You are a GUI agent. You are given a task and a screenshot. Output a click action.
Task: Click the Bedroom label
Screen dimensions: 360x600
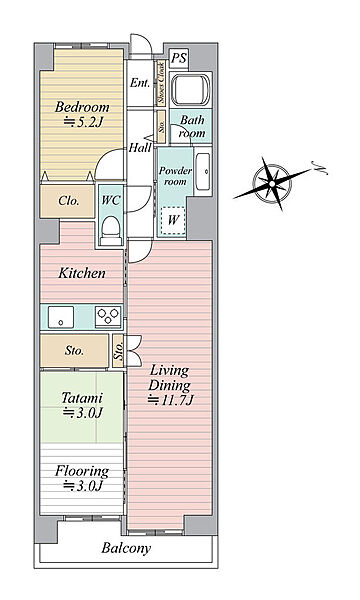point(82,107)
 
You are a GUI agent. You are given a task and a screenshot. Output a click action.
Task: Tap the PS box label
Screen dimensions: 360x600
point(179,58)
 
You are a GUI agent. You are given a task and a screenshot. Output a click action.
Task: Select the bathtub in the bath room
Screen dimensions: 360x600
point(190,90)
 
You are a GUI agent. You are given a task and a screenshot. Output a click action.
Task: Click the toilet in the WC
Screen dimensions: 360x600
point(111,230)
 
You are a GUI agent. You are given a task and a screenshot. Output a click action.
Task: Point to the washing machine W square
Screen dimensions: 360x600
point(173,220)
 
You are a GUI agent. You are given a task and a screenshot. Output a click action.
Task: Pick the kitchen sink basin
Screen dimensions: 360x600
point(61,317)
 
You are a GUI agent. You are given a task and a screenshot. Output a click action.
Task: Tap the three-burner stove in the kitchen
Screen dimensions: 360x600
point(108,317)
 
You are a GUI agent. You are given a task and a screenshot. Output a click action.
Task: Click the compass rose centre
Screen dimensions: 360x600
point(272,183)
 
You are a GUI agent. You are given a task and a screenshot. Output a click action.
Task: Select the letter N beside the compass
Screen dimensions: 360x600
point(322,167)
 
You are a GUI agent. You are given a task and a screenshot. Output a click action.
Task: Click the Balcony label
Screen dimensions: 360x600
point(126,548)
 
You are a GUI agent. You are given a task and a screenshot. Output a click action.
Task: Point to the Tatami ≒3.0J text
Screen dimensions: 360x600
point(82,405)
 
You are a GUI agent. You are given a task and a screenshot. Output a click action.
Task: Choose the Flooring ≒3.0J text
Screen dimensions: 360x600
point(82,478)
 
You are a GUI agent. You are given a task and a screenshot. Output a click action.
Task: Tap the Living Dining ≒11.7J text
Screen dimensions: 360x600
point(169,385)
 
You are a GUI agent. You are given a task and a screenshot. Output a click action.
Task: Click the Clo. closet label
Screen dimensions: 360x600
point(69,201)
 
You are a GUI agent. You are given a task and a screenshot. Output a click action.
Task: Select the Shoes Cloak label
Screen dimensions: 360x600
point(160,83)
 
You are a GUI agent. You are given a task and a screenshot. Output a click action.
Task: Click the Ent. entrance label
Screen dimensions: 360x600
point(139,83)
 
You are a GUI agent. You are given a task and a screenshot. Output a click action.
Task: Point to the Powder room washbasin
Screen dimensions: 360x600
point(203,172)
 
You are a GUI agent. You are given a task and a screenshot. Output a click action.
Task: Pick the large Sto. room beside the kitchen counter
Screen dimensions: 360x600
point(75,351)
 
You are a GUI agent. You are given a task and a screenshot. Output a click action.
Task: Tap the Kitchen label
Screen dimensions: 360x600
point(81,273)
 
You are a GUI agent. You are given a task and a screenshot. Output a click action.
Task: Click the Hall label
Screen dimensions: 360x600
point(140,147)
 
